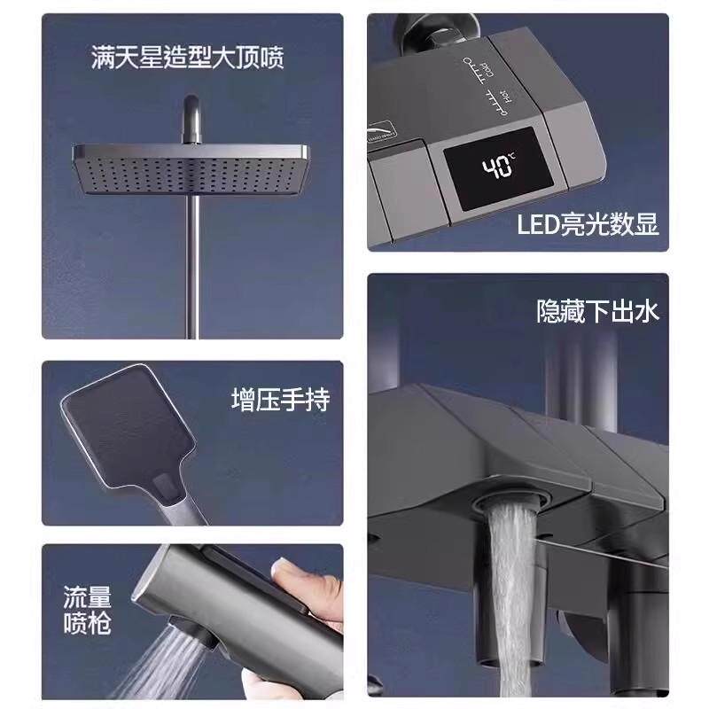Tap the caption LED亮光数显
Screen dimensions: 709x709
[x=588, y=224]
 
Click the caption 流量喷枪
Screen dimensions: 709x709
[x=87, y=609]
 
